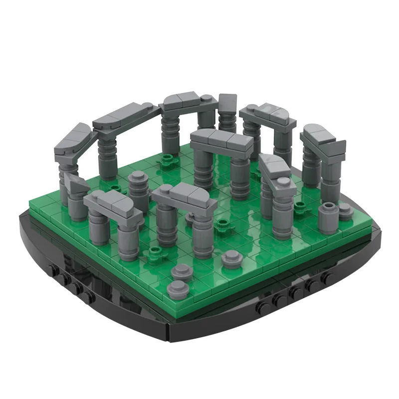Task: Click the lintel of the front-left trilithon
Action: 112,205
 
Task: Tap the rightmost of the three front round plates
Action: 230,258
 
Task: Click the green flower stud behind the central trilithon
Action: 170,160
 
